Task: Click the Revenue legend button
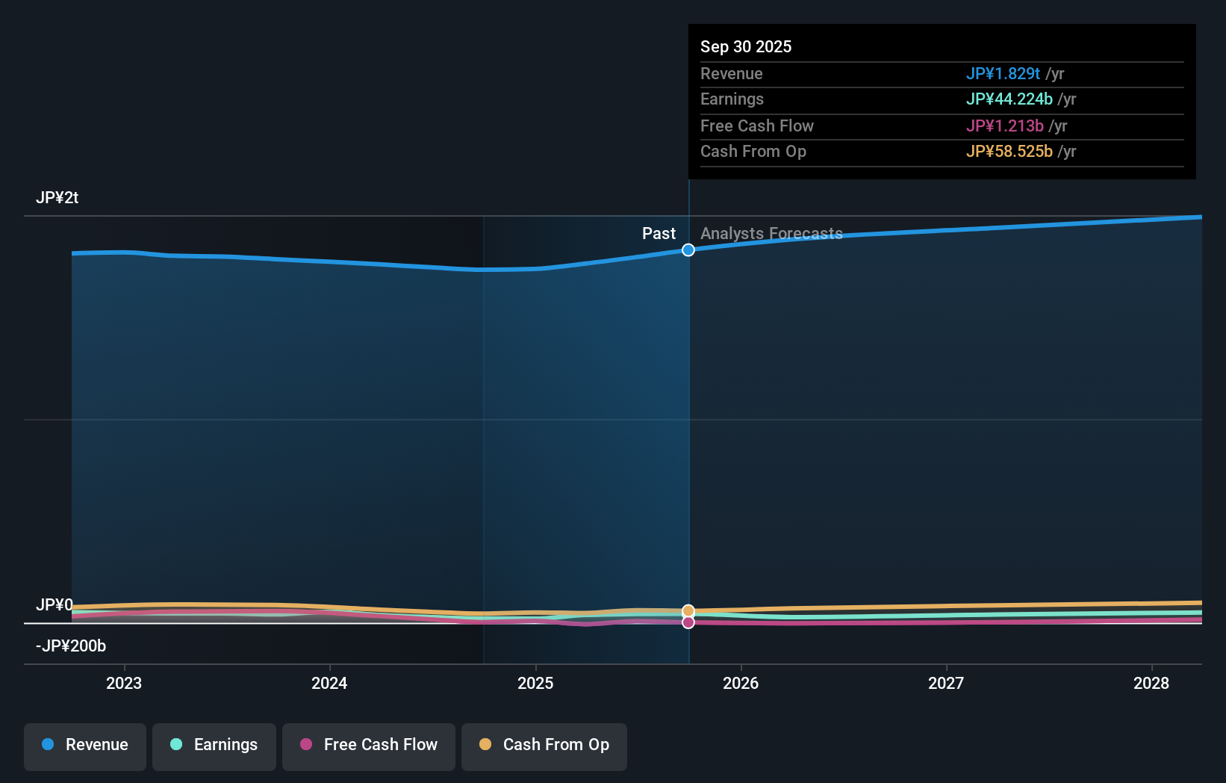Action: [x=85, y=745]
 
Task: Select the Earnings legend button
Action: [x=214, y=745]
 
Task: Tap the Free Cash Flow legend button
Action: [x=369, y=745]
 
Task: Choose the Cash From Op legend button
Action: [x=544, y=745]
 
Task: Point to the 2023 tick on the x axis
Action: [x=124, y=683]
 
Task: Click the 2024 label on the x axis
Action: [x=329, y=683]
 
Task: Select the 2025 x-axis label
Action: [x=535, y=683]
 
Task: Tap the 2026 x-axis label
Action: [x=741, y=683]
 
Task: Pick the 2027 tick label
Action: [x=946, y=683]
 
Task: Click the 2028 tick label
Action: [x=1151, y=683]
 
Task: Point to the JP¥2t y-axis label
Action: [x=57, y=198]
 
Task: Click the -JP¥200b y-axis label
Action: [x=71, y=646]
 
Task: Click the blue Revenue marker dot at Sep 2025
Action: [x=688, y=250]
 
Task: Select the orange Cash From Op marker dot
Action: [x=688, y=611]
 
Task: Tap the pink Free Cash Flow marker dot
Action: [x=688, y=622]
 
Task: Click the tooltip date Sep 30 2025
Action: [x=746, y=46]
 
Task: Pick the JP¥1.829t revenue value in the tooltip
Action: [x=1003, y=73]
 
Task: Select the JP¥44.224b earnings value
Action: [x=1009, y=99]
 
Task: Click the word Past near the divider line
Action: [x=659, y=234]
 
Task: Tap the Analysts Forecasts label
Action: [x=771, y=234]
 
